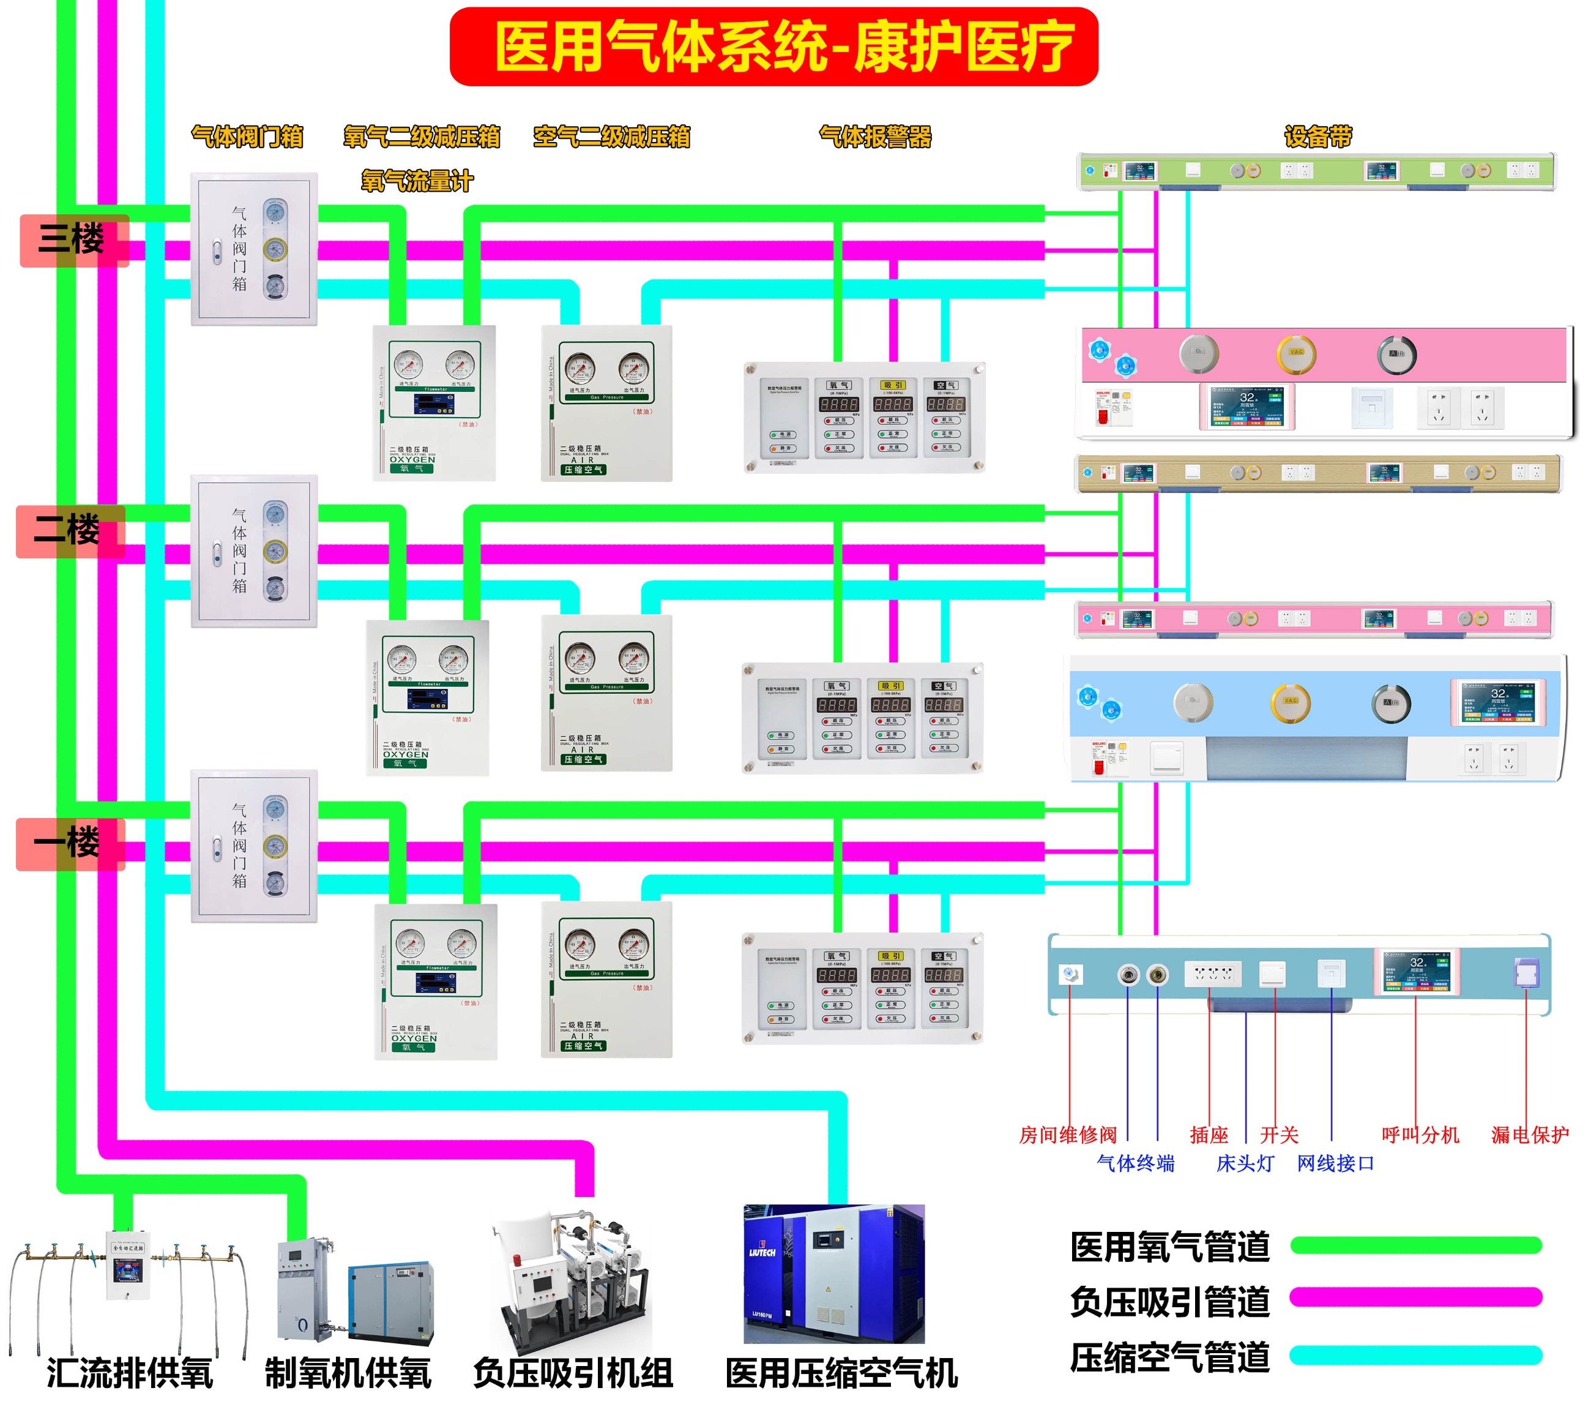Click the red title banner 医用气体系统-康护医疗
[773, 47]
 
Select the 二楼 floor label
[69, 531]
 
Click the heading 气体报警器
[875, 137]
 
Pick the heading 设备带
[1318, 137]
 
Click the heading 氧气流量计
[417, 181]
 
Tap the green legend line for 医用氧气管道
[1415, 1245]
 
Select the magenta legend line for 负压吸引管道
[1415, 1297]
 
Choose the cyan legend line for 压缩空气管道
[1415, 1355]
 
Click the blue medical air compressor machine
[833, 1274]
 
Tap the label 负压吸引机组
[572, 1373]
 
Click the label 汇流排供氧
[129, 1373]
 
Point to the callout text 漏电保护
[1529, 1135]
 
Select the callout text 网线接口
[1335, 1163]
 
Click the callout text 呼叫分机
[1420, 1135]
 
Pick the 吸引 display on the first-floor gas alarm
[891, 974]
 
